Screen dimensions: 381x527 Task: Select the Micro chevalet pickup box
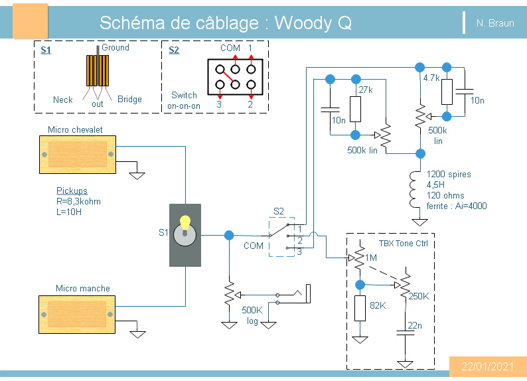point(78,155)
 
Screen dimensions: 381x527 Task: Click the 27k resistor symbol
point(355,109)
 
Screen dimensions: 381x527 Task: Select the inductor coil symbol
point(419,188)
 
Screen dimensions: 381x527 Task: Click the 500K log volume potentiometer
point(229,293)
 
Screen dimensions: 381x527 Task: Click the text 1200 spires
point(449,175)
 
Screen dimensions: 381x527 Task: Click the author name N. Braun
point(494,23)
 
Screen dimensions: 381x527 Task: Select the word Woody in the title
point(303,23)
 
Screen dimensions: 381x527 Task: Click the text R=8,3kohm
point(78,201)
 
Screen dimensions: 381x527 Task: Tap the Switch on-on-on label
point(184,100)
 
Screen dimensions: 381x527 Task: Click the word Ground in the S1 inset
point(115,48)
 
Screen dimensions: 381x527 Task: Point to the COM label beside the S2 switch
point(254,246)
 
